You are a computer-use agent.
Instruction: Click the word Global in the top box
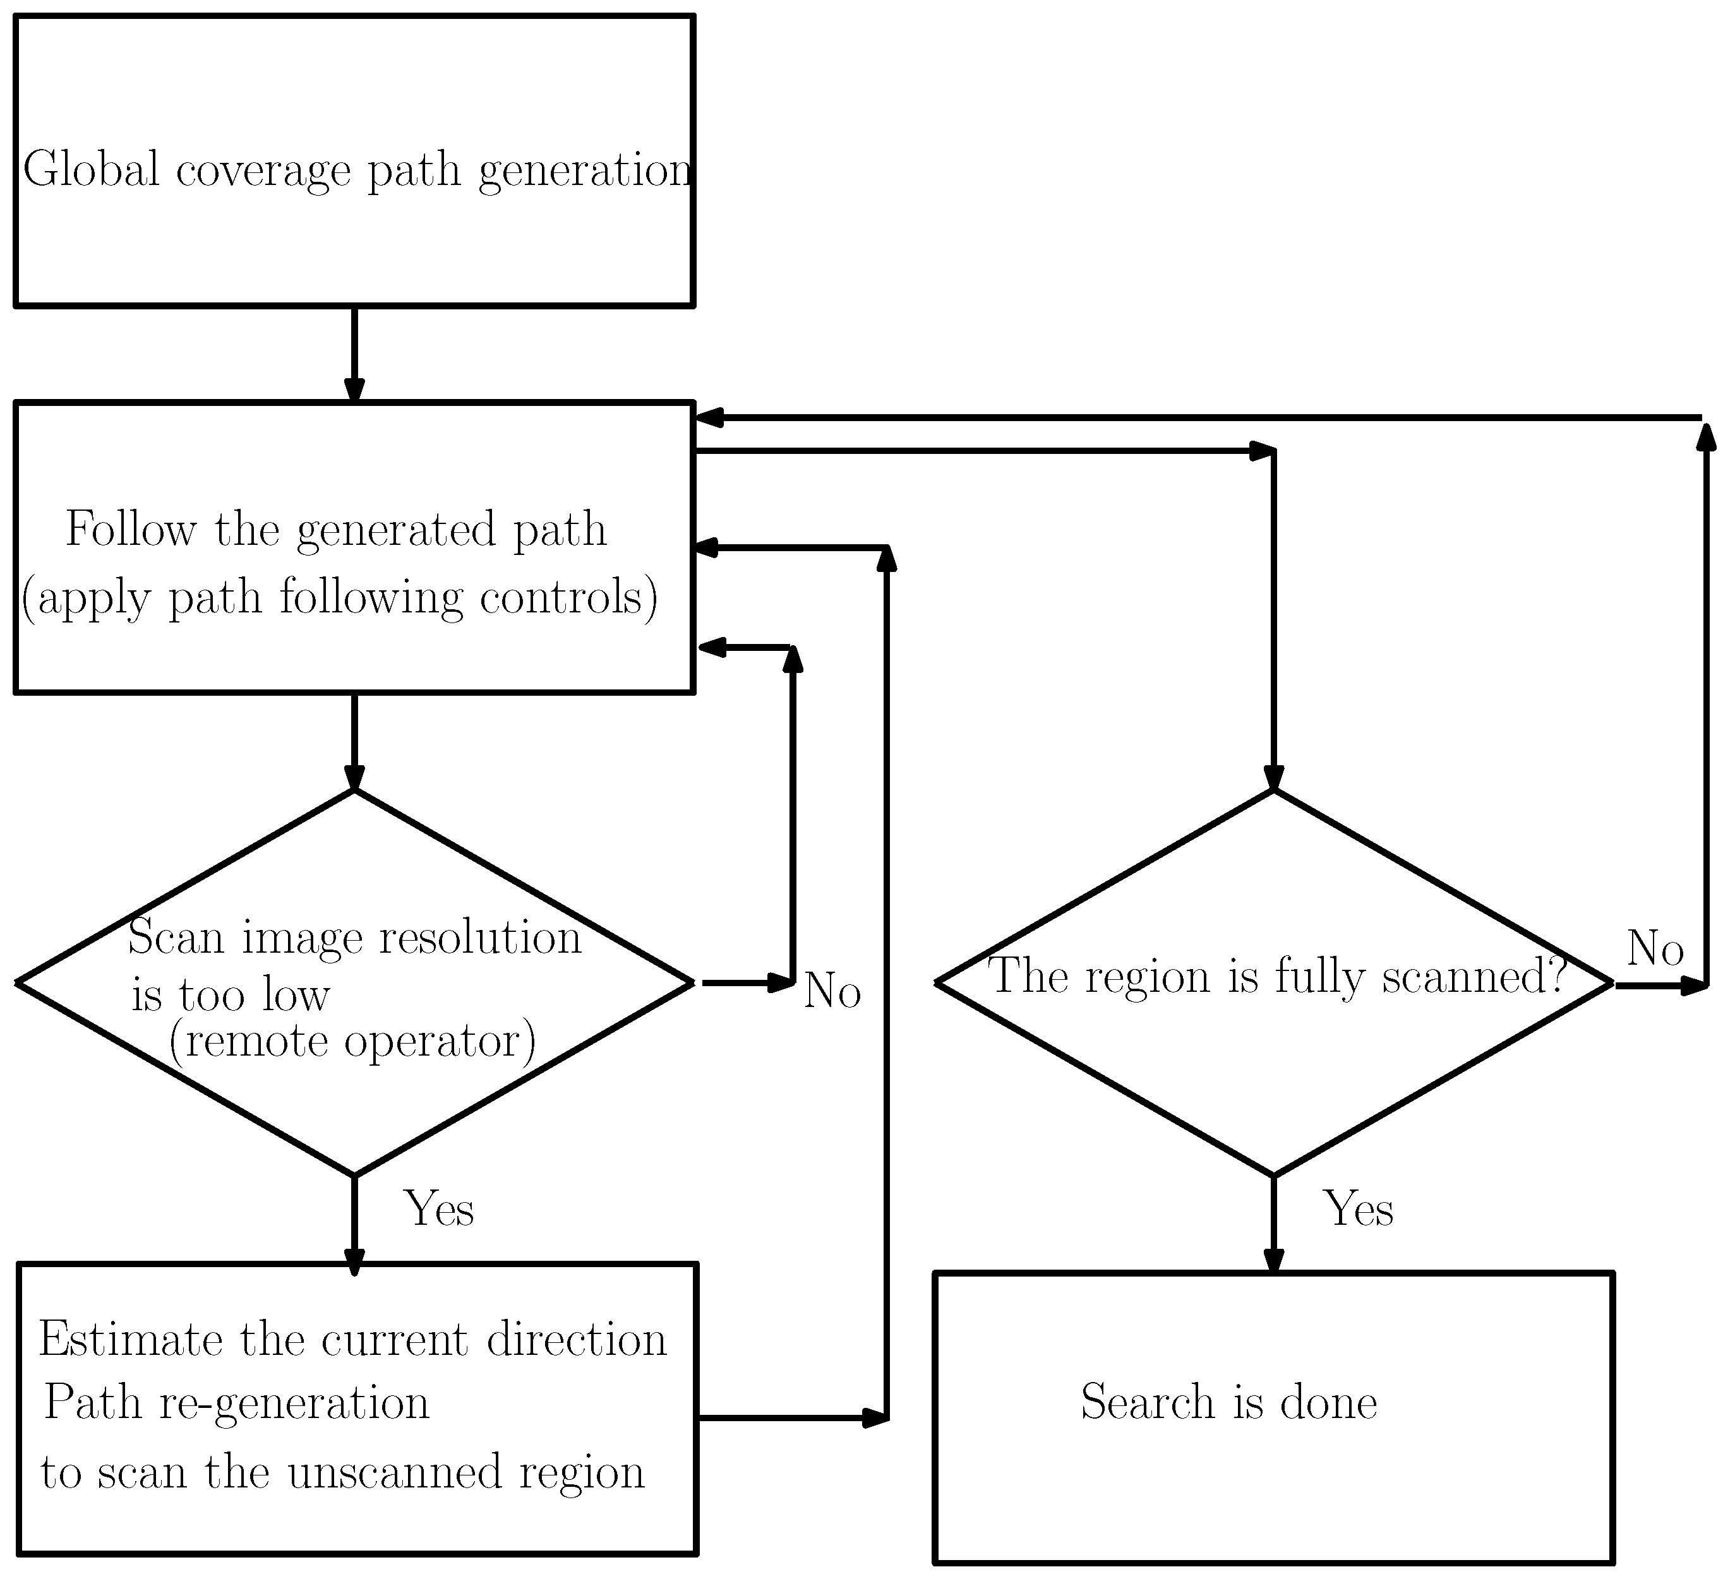[92, 169]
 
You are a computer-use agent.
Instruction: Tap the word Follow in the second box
[131, 529]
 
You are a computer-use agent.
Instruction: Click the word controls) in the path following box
[568, 597]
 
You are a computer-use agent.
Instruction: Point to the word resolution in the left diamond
[479, 938]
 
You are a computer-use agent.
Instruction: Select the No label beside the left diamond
[832, 991]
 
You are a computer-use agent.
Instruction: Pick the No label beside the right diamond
[1655, 948]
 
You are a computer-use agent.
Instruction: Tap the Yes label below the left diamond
[438, 1209]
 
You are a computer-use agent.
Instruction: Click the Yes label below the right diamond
[1358, 1209]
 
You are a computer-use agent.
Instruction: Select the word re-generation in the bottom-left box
[294, 1403]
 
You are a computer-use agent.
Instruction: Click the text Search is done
[1228, 1402]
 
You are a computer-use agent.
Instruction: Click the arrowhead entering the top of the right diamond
[1273, 778]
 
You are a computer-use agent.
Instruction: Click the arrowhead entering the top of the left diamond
[354, 778]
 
